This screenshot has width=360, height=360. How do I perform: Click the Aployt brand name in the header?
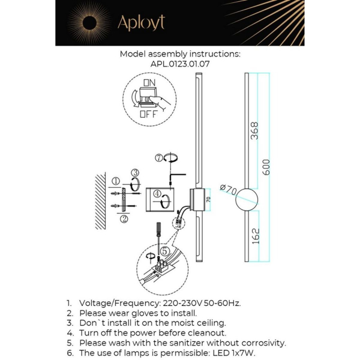[x=141, y=23]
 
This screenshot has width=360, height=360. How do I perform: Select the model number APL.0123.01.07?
[x=180, y=63]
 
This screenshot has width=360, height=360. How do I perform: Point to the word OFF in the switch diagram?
[x=149, y=113]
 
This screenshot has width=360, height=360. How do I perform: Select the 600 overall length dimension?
[x=266, y=167]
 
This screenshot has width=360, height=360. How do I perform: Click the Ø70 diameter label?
[x=228, y=190]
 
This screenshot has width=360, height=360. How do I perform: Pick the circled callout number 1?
[x=115, y=180]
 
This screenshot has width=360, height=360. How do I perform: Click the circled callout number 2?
[x=124, y=219]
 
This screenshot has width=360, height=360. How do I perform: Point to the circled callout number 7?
[x=158, y=158]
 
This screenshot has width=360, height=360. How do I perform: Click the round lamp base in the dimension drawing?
[x=247, y=200]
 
